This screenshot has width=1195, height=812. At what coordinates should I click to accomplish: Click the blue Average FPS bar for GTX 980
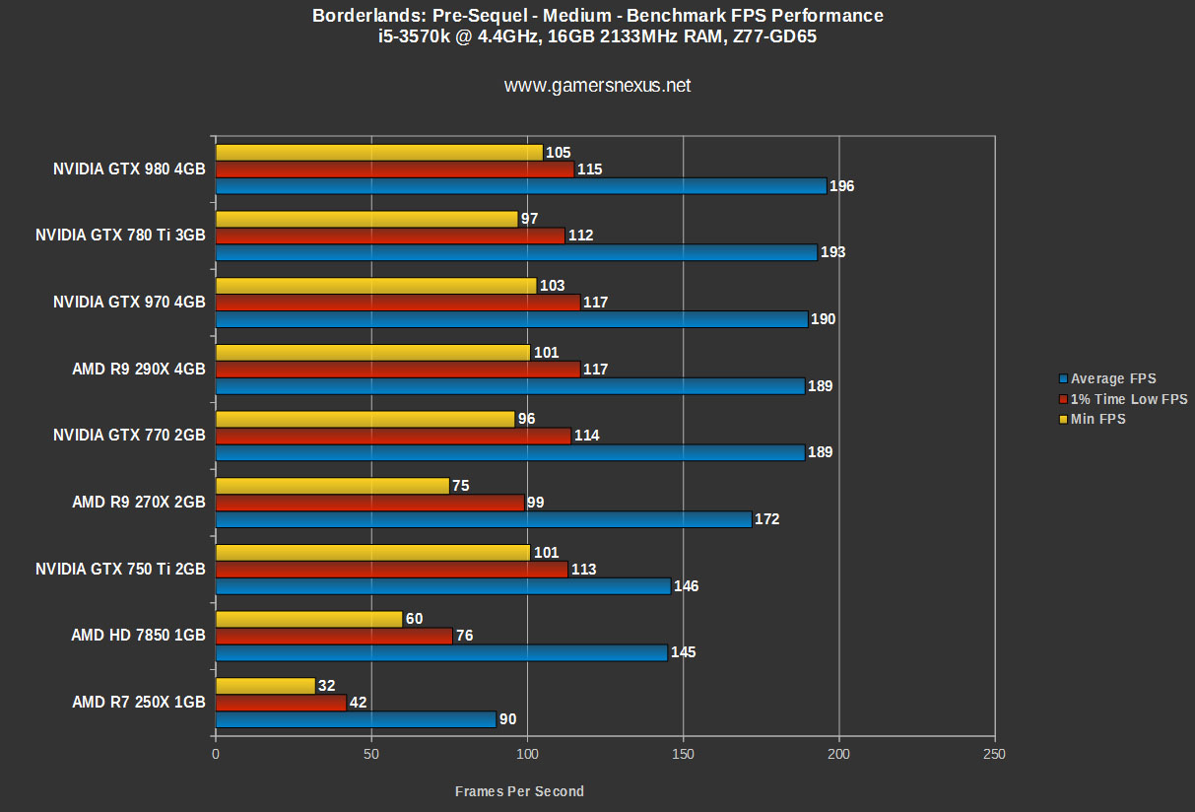pyautogui.click(x=520, y=186)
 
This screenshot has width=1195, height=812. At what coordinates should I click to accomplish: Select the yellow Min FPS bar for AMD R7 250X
pyautogui.click(x=265, y=686)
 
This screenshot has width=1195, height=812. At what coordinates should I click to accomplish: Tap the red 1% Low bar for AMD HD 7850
pyautogui.click(x=334, y=636)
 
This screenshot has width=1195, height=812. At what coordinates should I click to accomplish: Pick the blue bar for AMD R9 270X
pyautogui.click(x=483, y=519)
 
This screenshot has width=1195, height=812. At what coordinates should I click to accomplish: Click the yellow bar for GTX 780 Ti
pyautogui.click(x=366, y=219)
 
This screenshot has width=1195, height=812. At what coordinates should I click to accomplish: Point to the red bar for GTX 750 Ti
pyautogui.click(x=391, y=570)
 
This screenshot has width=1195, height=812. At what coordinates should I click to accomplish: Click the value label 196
pyautogui.click(x=841, y=186)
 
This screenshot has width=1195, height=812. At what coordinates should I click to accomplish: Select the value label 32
pyautogui.click(x=328, y=686)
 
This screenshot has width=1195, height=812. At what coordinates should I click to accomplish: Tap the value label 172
pyautogui.click(x=766, y=519)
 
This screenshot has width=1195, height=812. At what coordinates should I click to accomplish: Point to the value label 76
pyautogui.click(x=465, y=636)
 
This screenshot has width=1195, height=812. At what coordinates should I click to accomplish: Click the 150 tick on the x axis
pyautogui.click(x=683, y=754)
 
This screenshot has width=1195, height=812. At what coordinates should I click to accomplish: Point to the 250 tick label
pyautogui.click(x=995, y=754)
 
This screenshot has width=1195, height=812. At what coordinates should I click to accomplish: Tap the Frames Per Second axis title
pyautogui.click(x=519, y=791)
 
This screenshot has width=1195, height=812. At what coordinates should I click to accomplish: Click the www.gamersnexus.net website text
pyautogui.click(x=597, y=86)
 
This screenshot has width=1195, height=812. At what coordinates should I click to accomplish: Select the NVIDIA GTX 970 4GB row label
pyautogui.click(x=129, y=303)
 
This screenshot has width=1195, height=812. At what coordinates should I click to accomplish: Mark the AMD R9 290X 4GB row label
pyautogui.click(x=139, y=370)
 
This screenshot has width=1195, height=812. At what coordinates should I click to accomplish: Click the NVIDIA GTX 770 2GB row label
pyautogui.click(x=129, y=436)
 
